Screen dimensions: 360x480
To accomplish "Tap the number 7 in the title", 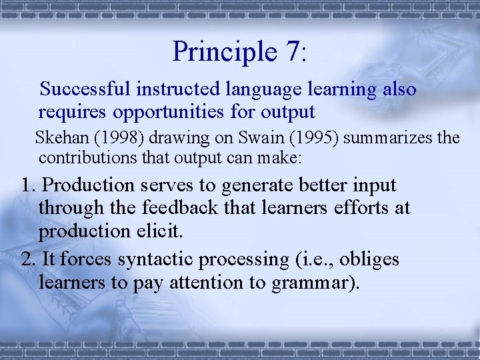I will tap(290, 52).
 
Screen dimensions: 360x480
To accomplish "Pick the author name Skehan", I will tap(58, 138).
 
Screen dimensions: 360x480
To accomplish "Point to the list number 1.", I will tap(28, 185).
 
